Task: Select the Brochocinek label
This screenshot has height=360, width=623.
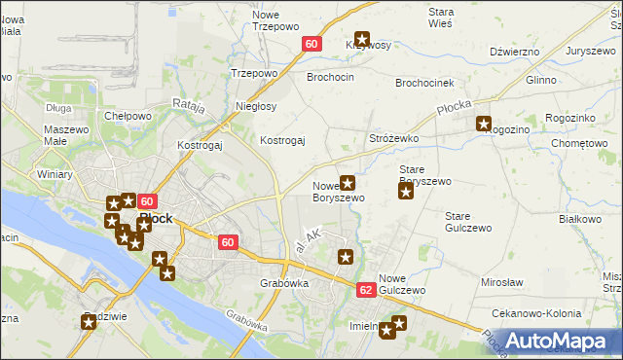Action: coord(424,84)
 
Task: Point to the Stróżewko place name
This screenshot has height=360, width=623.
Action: coord(393,139)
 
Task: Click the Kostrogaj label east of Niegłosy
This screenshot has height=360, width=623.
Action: coord(282,140)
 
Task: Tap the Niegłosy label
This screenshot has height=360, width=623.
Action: coord(256,106)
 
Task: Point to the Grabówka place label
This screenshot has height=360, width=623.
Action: coord(284,283)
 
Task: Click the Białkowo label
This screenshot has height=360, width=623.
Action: coord(581,220)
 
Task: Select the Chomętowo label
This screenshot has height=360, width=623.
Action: coord(578,144)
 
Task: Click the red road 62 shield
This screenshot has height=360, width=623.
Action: coord(365,290)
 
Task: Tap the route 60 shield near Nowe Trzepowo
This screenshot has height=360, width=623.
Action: coord(311,44)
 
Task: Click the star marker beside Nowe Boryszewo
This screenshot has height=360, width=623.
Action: coord(347,182)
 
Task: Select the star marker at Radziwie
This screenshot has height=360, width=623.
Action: coord(89,322)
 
